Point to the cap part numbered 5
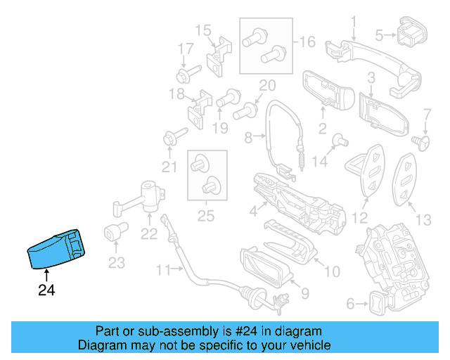[413, 33]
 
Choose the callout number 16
[307, 42]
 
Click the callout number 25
[205, 217]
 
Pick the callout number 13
[423, 221]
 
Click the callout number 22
[150, 234]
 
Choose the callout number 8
[249, 139]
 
